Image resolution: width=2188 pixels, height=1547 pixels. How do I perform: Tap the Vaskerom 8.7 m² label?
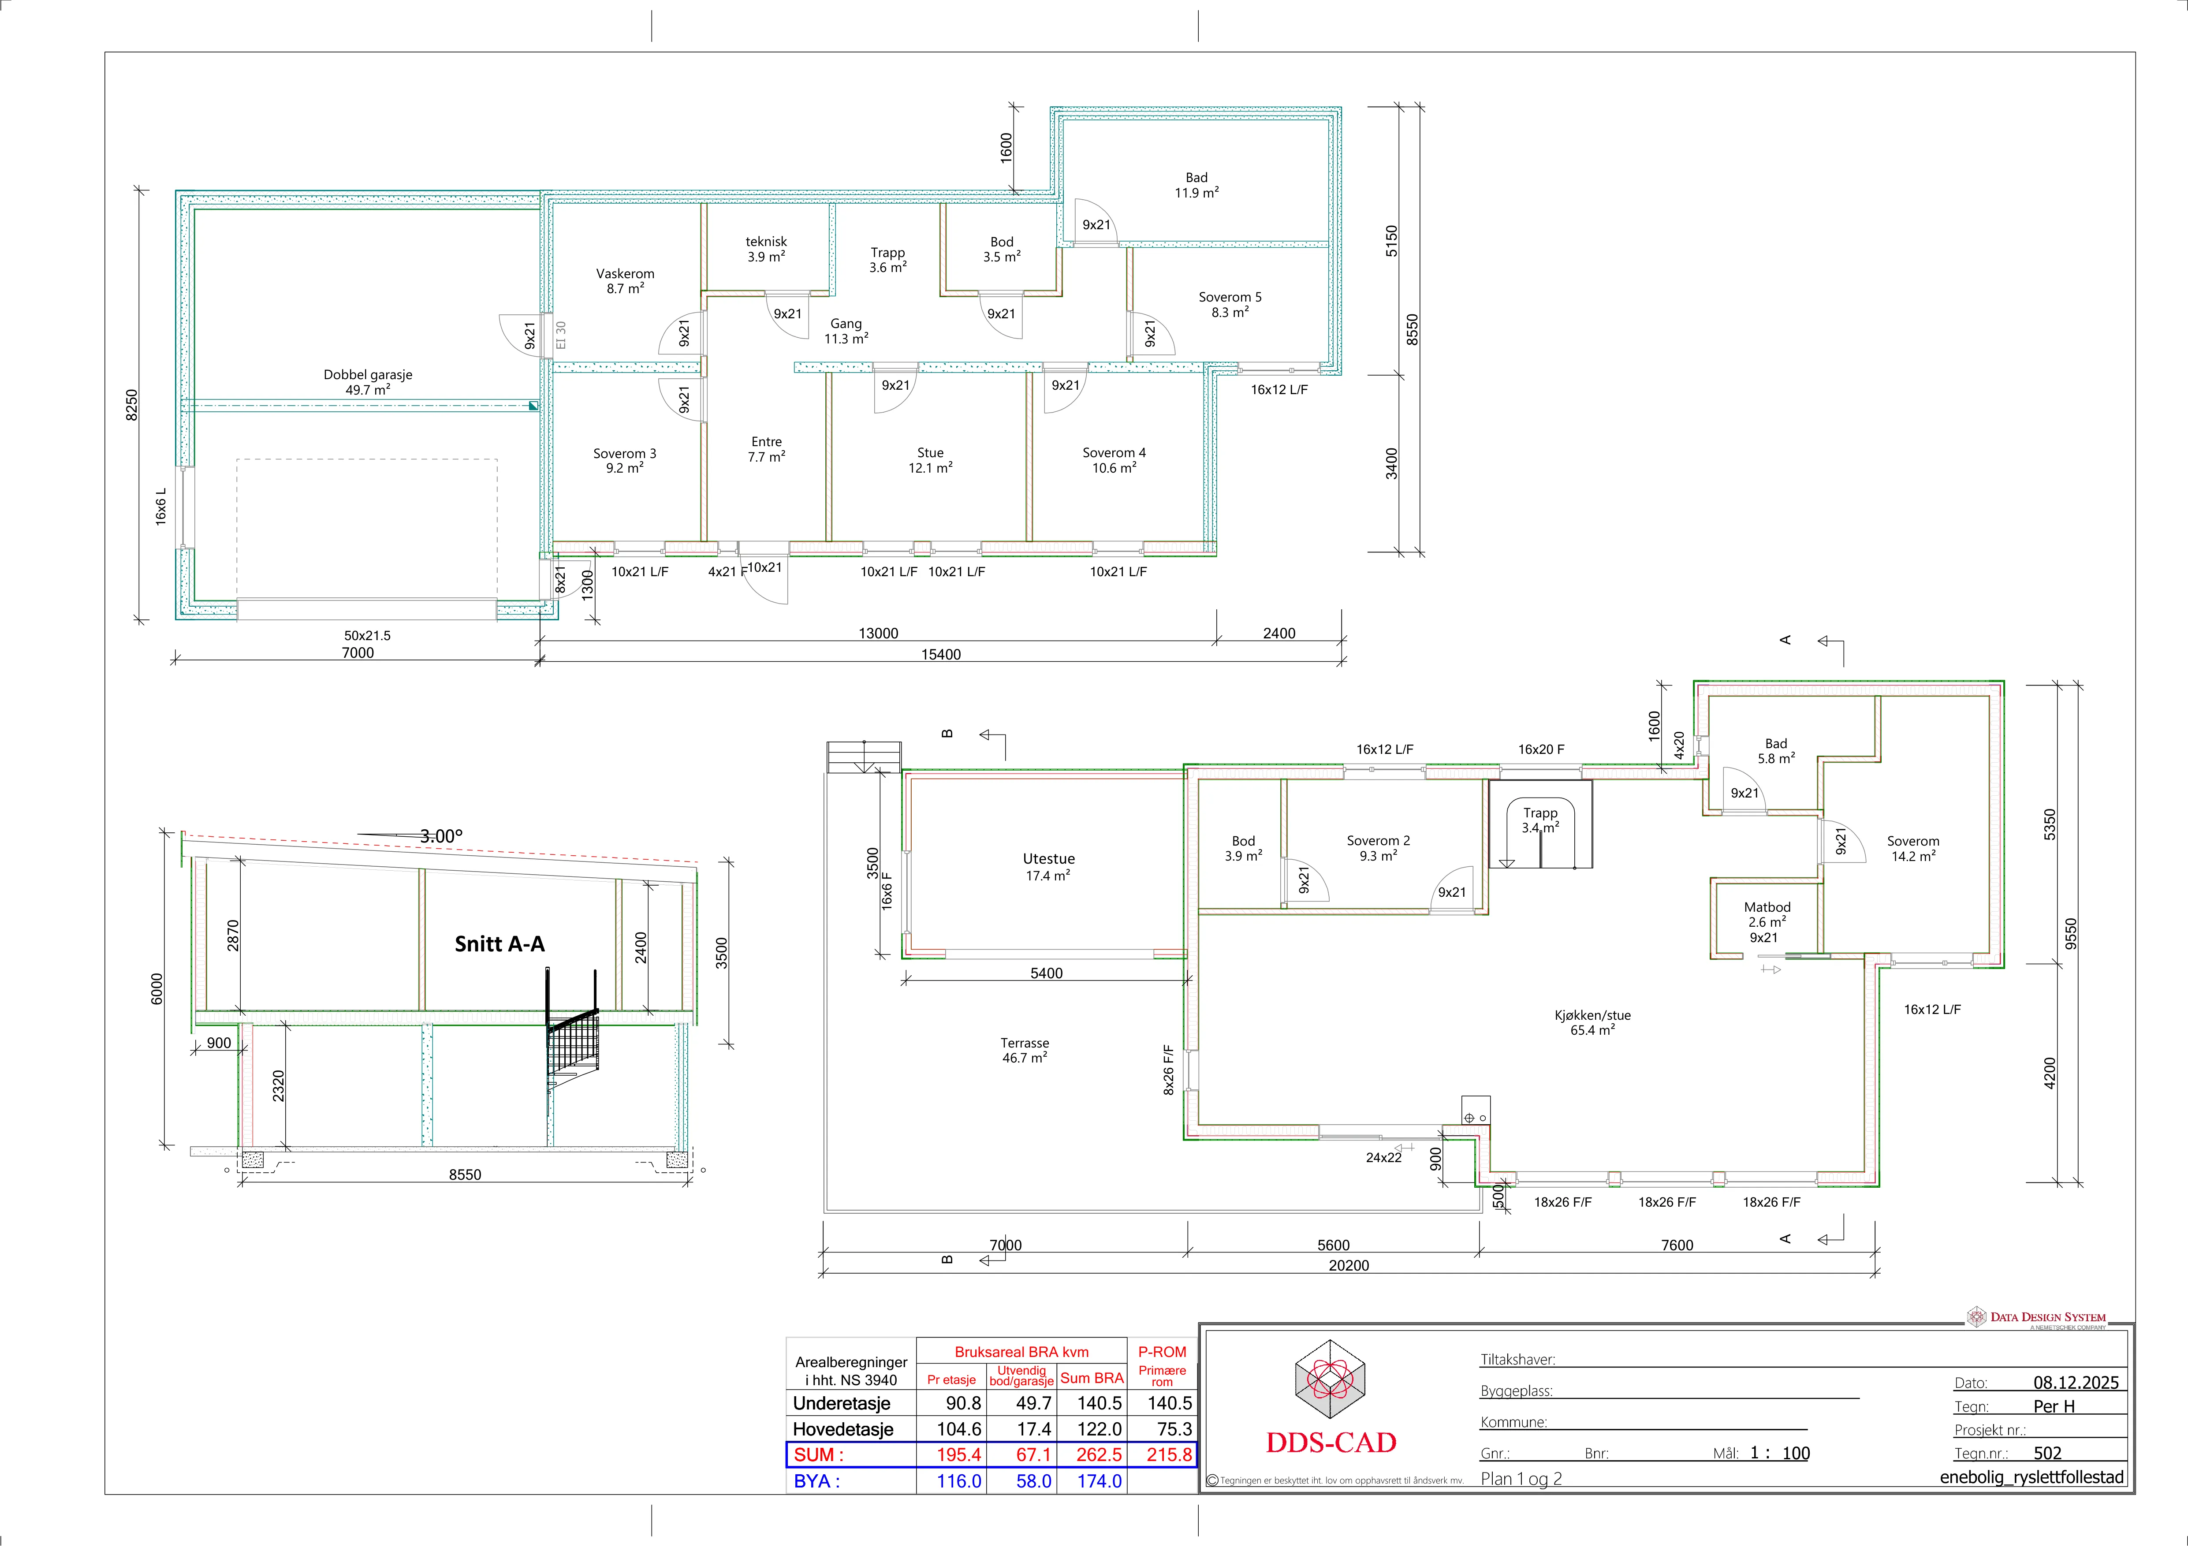pos(625,281)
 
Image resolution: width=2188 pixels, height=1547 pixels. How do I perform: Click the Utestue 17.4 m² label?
pos(1048,866)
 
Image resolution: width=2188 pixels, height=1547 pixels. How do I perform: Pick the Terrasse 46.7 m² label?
pos(1025,1051)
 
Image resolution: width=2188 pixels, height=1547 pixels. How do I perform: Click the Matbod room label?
pos(1767,907)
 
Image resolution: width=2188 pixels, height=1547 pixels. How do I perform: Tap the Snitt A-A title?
pos(499,943)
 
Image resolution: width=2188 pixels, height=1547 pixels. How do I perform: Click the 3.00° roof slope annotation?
pos(441,836)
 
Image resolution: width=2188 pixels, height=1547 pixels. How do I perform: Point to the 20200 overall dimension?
pos(1349,1266)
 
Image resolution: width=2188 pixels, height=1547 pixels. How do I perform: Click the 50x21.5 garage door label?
pos(367,636)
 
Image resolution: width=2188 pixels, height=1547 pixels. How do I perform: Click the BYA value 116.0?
pos(959,1481)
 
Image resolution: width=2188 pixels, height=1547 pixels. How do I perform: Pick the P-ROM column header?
pos(1162,1352)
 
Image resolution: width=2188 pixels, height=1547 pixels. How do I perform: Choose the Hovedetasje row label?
pos(843,1429)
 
